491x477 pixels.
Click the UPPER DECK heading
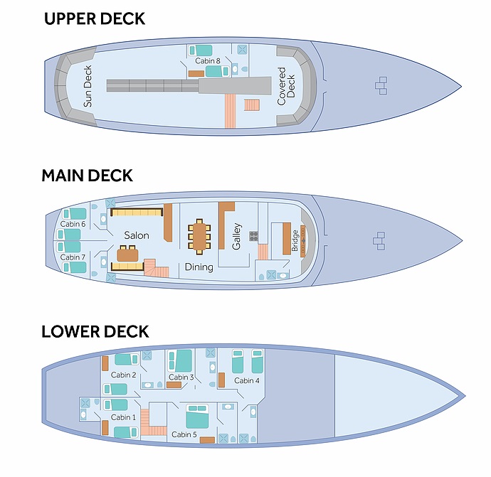[95, 18]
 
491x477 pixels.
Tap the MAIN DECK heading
[87, 175]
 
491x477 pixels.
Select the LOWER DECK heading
[95, 331]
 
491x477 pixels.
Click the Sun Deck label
[88, 86]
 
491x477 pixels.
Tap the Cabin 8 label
[208, 62]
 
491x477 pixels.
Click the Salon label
[137, 235]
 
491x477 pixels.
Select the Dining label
[199, 267]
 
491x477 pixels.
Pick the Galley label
[237, 236]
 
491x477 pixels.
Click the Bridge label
[295, 240]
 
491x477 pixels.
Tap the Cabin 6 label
[73, 224]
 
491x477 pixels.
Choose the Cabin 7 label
[73, 257]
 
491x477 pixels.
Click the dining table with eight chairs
[199, 236]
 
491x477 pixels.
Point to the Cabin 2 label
[123, 375]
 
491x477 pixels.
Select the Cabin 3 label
[181, 377]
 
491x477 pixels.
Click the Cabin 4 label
[247, 380]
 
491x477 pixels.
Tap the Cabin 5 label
[184, 434]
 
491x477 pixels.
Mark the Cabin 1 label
[124, 417]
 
